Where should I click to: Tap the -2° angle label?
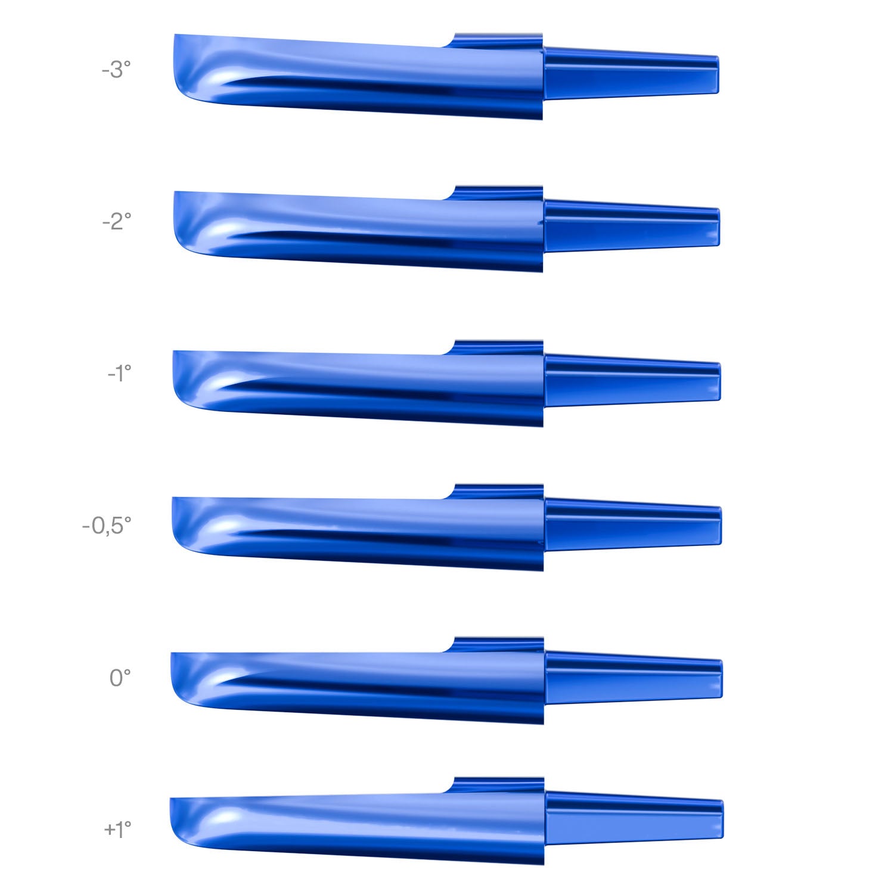pyautogui.click(x=116, y=222)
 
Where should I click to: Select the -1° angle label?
pyautogui.click(x=119, y=374)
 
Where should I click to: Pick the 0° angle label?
pyautogui.click(x=120, y=678)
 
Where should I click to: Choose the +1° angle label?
pyautogui.click(x=117, y=829)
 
